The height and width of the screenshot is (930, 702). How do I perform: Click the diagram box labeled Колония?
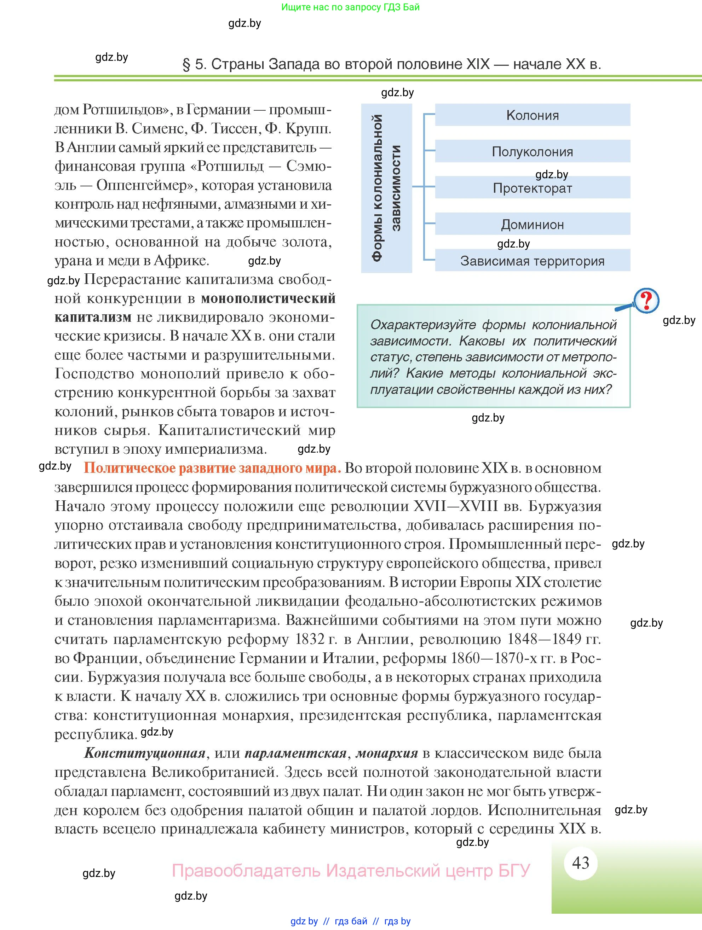(532, 115)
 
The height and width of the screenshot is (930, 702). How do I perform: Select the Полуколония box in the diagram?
(532, 151)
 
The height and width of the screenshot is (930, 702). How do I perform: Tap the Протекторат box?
(532, 188)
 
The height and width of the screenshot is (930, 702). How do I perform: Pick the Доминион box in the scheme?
(532, 224)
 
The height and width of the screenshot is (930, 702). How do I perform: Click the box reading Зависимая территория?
(532, 261)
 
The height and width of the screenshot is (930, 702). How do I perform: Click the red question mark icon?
(646, 300)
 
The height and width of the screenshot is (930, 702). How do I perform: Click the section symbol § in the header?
(186, 64)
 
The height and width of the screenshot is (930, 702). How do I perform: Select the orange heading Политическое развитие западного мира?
(212, 468)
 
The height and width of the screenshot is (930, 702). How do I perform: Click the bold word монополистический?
(268, 298)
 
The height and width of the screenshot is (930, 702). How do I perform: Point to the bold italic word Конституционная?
(145, 752)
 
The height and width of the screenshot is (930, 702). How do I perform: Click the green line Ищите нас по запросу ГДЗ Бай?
(350, 7)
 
